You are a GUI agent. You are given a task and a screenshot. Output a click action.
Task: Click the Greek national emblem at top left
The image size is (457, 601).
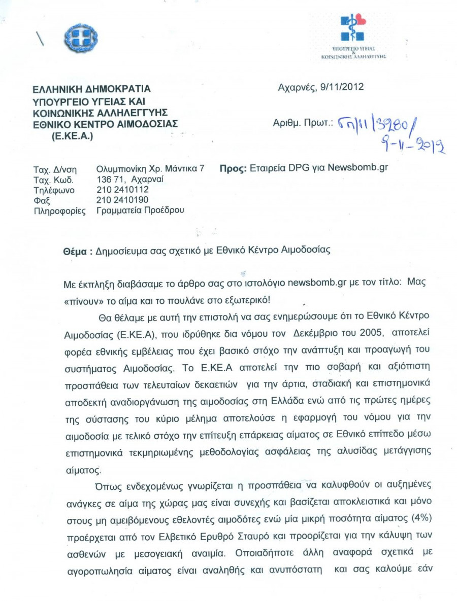click(81, 38)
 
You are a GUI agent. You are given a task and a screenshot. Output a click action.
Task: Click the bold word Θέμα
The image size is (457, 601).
click(74, 251)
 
